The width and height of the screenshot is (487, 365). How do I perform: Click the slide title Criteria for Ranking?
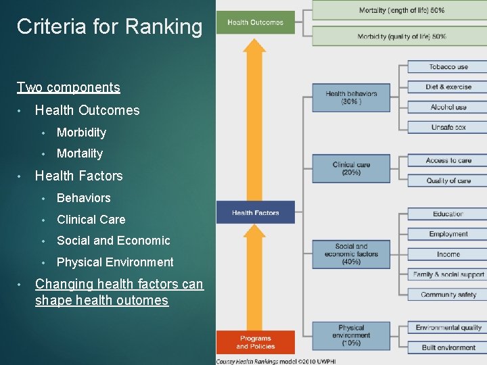(109, 27)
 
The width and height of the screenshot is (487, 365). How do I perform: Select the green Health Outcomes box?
(255, 22)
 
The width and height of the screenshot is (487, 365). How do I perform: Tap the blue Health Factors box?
(255, 213)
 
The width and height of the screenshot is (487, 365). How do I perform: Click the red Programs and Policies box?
(255, 342)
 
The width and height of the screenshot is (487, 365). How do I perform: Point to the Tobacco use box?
(448, 67)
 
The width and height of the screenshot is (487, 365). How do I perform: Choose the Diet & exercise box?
(448, 87)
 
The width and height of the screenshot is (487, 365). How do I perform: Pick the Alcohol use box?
(448, 107)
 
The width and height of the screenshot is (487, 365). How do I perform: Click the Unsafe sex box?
(448, 127)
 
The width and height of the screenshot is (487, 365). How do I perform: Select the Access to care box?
(448, 161)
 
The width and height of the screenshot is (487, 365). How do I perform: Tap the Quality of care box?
(448, 180)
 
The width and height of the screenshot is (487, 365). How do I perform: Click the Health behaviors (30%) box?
(351, 98)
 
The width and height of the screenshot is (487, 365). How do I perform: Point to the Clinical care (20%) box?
(351, 168)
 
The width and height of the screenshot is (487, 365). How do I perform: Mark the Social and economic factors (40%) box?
(351, 254)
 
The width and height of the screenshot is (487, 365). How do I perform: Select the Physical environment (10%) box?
(351, 335)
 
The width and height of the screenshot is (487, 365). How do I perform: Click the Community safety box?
(448, 295)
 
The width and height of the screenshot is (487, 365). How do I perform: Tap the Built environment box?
(448, 347)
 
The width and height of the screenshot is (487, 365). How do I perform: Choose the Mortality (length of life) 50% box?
(401, 10)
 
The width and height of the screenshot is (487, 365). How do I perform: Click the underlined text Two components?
(68, 87)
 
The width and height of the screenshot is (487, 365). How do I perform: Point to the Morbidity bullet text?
(81, 132)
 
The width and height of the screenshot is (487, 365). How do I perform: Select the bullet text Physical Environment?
(115, 262)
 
